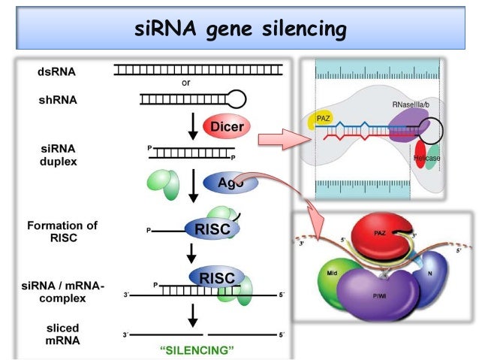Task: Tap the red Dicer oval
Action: (226, 126)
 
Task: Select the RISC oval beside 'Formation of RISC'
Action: (212, 231)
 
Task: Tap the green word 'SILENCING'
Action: (194, 349)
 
